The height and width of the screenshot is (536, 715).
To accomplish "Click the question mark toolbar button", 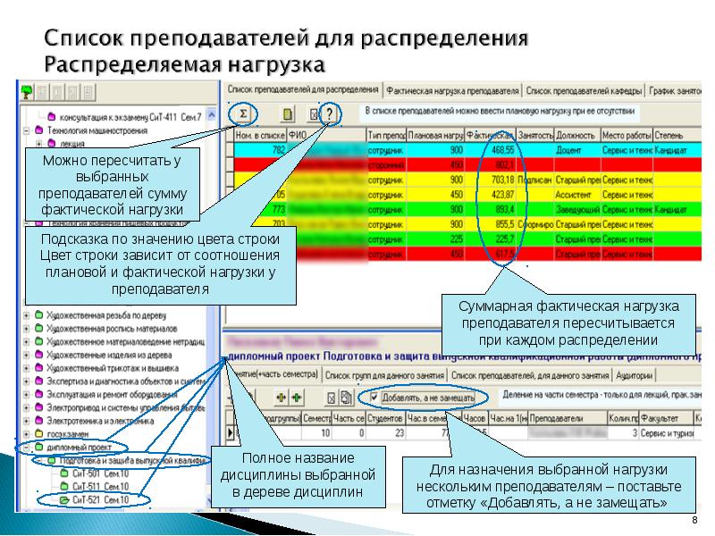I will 331,114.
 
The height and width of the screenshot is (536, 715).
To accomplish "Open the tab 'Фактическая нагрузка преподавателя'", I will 453,91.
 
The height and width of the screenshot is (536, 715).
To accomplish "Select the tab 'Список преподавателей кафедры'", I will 584,91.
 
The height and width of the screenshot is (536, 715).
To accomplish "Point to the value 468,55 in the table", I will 502,150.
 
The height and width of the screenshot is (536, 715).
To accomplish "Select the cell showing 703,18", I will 502,180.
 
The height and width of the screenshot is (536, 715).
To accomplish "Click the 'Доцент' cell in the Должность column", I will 569,150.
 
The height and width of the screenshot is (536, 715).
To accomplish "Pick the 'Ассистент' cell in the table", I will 575,194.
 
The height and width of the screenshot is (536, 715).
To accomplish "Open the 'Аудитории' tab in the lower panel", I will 635,376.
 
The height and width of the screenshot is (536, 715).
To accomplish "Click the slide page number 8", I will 694,521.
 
